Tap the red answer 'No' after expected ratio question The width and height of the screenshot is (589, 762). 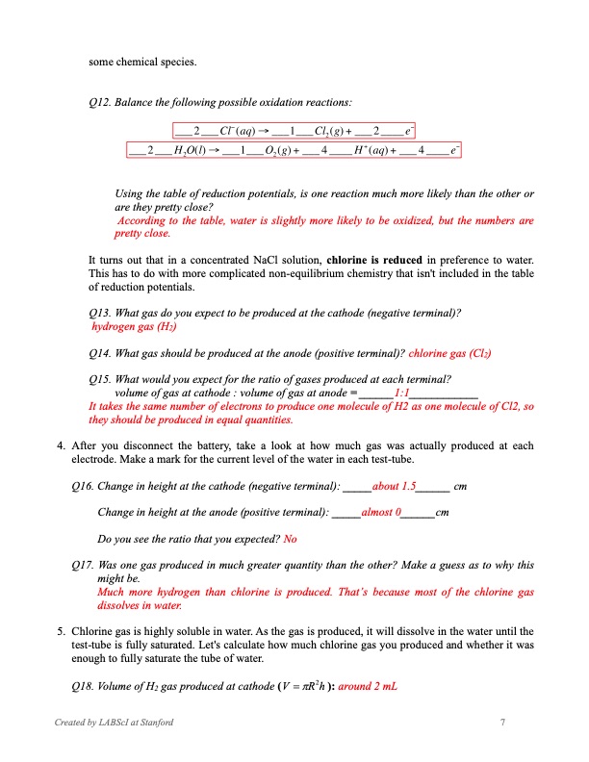coord(290,539)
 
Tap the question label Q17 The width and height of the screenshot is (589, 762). coord(99,566)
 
